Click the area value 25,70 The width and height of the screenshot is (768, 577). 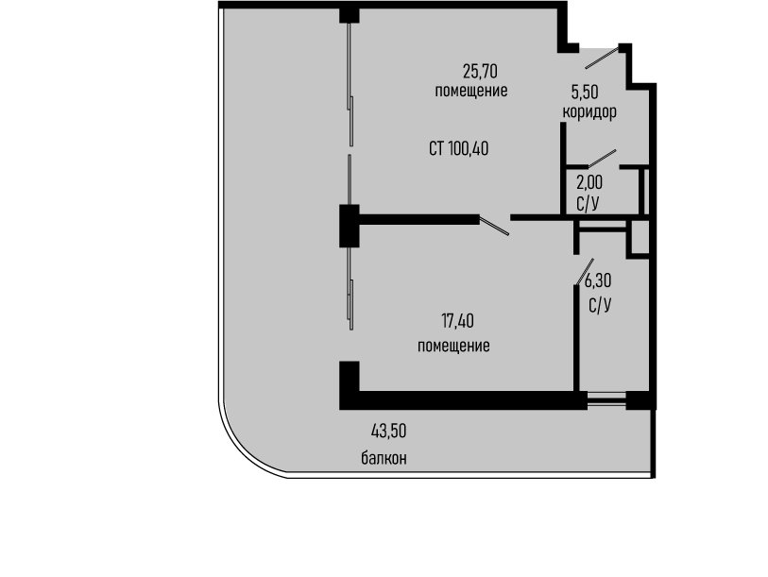coord(480,72)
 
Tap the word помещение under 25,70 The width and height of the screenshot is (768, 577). coord(471,91)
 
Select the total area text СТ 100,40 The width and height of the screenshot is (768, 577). coord(458,148)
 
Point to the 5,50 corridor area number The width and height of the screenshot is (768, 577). coord(585,93)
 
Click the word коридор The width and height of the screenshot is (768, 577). coord(589,112)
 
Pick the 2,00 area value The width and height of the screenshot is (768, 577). coord(589,182)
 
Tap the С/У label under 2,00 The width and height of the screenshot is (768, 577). coord(588,204)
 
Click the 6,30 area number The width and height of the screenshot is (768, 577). coord(598,281)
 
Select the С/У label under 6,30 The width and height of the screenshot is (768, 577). coord(600,306)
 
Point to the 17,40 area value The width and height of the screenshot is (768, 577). coord(457,321)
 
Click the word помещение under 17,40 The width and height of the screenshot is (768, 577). coord(453,346)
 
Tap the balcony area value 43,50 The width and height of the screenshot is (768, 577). coord(389,432)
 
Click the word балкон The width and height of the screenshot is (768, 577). coord(384,458)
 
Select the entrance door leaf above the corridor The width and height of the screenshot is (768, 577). coord(602,58)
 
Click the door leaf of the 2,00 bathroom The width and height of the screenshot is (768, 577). coord(602,159)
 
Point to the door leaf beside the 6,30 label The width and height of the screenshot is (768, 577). coord(586,272)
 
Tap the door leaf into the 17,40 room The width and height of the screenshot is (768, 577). coord(494,226)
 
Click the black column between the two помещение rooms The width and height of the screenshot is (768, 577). coord(350,226)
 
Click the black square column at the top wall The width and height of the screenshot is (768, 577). coord(350,15)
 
